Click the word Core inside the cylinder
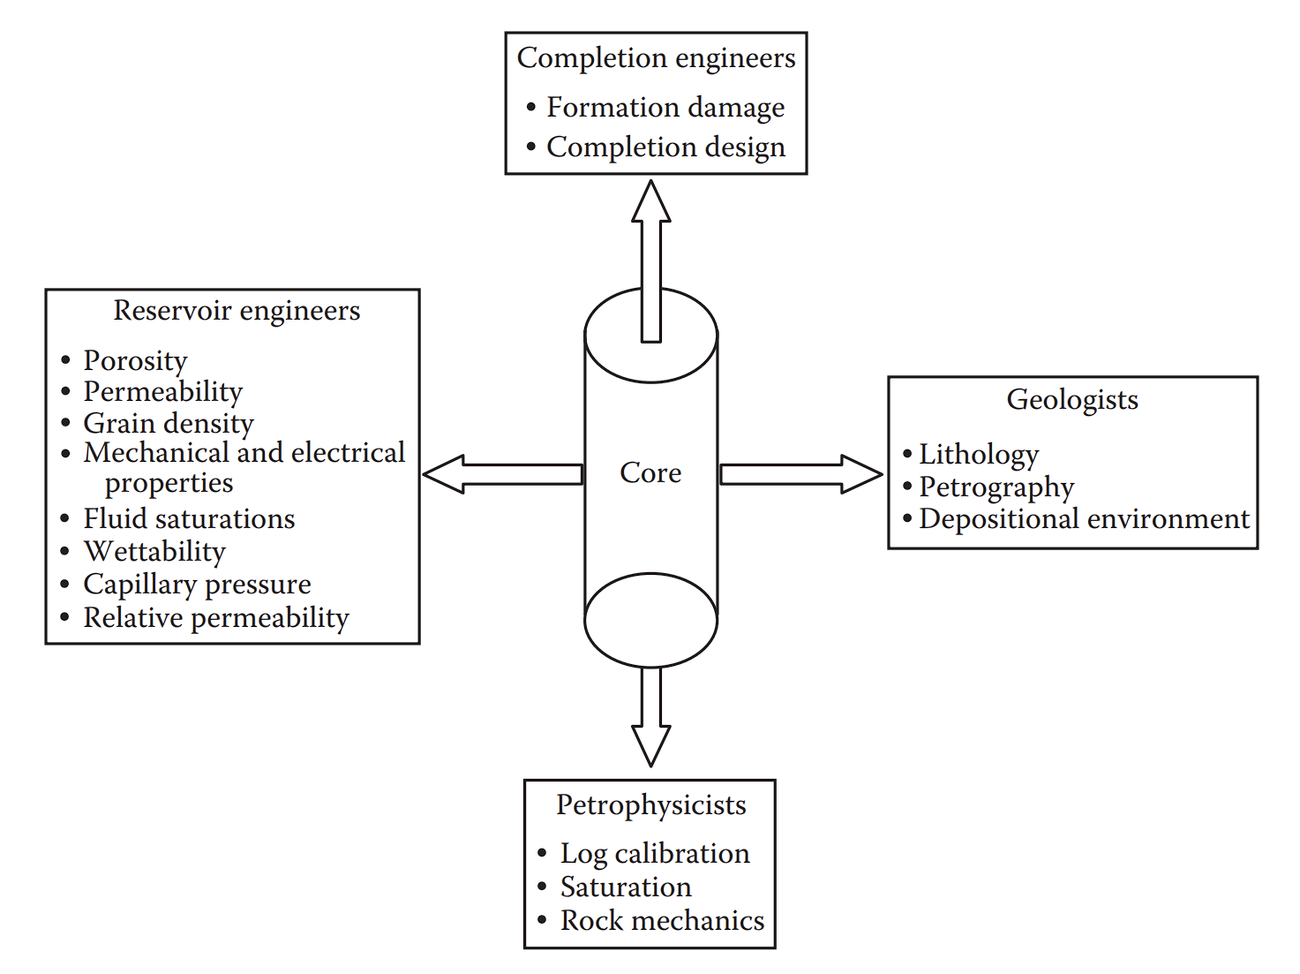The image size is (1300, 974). point(650,473)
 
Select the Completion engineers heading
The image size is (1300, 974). point(656,58)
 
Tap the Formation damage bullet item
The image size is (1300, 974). point(665,108)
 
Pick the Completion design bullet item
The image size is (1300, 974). point(665,147)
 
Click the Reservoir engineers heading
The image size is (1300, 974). point(237,311)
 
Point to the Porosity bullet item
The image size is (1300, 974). point(135,360)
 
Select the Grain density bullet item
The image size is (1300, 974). point(169,423)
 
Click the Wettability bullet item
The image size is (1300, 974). point(154,552)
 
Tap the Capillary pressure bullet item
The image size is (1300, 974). point(197,585)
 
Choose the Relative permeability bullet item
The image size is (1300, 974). point(216,618)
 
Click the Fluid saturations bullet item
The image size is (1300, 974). point(189,519)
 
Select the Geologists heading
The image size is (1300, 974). point(1072,400)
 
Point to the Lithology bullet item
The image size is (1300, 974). point(979,455)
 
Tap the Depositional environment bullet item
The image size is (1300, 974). point(1084,519)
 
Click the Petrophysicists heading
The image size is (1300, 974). point(651,805)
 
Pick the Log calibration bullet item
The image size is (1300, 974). point(655,854)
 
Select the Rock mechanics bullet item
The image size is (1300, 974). point(662,921)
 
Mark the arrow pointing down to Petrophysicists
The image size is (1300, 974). point(651,715)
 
